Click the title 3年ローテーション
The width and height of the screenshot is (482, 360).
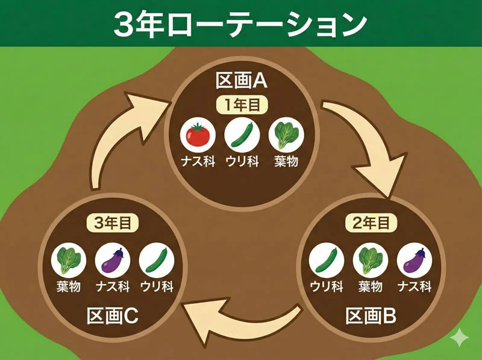(240, 24)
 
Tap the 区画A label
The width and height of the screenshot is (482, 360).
(241, 81)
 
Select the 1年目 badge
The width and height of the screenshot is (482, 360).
(242, 104)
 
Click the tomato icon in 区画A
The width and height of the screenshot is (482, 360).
(197, 135)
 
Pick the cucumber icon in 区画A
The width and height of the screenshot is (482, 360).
(242, 135)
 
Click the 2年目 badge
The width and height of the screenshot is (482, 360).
(371, 223)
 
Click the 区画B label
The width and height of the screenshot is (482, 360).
(371, 315)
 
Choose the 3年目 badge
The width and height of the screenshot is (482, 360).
(112, 223)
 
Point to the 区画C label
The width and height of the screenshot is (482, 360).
(112, 315)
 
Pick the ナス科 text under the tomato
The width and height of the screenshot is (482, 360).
(197, 161)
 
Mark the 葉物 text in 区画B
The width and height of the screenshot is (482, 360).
(371, 286)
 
